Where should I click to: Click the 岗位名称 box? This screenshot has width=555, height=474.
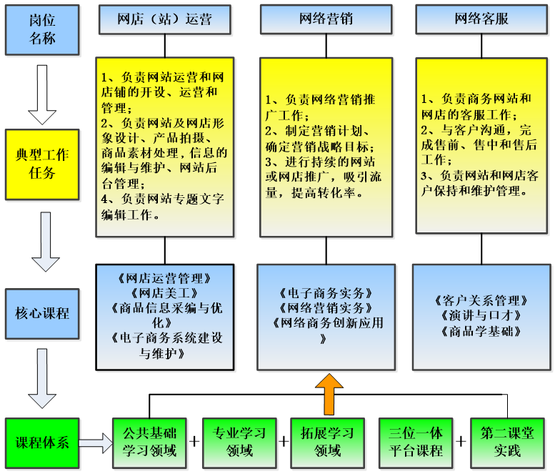42,29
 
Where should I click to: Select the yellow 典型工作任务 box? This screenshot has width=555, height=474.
42,163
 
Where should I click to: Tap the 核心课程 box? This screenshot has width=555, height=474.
42,312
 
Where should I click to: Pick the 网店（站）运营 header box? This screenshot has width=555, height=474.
165,19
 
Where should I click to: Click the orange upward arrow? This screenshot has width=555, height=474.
329,394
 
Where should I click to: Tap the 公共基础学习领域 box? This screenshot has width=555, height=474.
149,442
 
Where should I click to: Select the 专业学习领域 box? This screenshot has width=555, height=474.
239,442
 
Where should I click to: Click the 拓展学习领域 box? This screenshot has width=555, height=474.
328,442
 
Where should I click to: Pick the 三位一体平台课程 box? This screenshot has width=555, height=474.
416,442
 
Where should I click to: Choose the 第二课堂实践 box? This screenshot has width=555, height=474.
507,442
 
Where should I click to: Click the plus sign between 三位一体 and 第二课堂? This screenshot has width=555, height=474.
461,442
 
